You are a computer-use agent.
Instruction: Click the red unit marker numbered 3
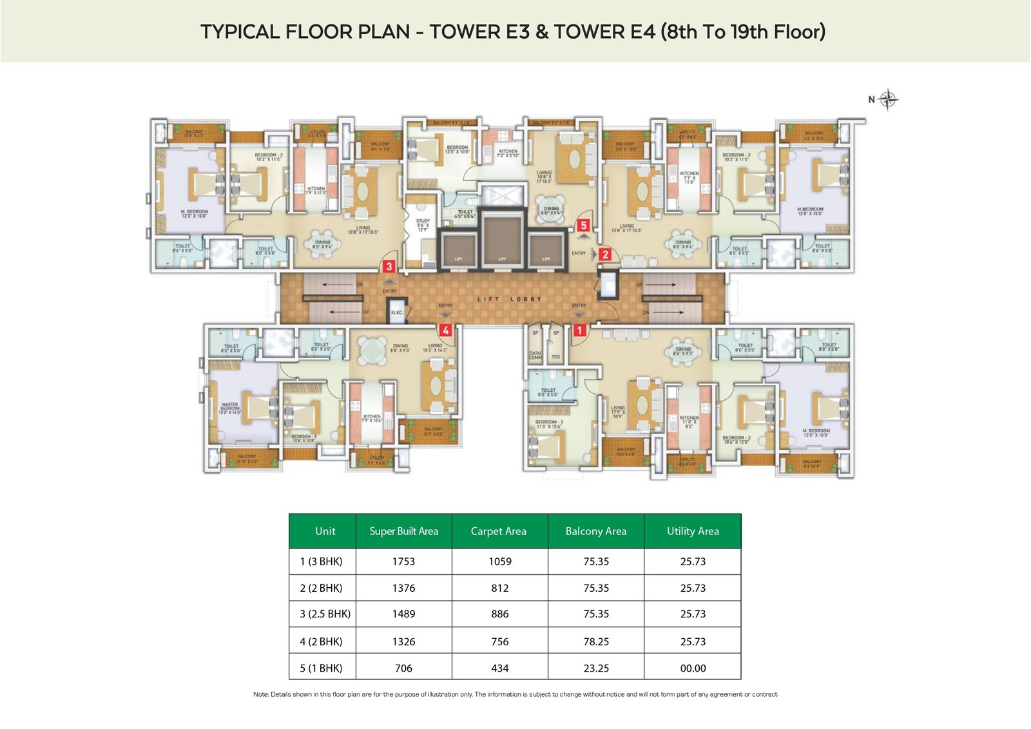(x=389, y=266)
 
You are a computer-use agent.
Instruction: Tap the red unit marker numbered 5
(x=583, y=226)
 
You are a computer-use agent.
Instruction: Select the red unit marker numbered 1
(x=579, y=331)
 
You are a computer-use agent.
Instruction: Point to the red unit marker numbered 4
(x=445, y=331)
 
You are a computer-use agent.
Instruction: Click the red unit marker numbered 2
(x=604, y=255)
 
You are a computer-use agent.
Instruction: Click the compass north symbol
(x=887, y=99)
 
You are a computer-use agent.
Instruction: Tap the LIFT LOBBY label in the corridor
(x=509, y=299)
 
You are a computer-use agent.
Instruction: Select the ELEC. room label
(x=397, y=313)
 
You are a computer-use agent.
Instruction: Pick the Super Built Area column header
(x=403, y=531)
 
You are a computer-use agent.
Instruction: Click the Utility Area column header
(x=693, y=531)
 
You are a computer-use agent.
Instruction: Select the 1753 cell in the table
(x=403, y=561)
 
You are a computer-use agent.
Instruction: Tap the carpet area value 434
(x=499, y=668)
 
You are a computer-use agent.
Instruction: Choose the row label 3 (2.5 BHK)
(x=325, y=614)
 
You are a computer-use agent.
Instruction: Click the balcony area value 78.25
(x=596, y=641)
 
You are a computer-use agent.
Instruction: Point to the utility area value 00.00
(x=693, y=668)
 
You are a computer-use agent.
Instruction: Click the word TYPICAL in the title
(x=240, y=32)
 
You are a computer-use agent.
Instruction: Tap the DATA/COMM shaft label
(x=535, y=355)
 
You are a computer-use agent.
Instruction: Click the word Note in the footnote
(x=260, y=694)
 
